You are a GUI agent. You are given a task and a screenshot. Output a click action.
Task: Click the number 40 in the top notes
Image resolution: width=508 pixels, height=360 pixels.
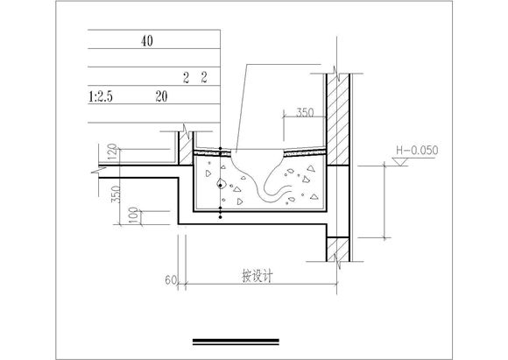coord(147,41)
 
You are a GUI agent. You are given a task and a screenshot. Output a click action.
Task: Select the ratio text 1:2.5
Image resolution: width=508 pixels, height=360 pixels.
coord(101,97)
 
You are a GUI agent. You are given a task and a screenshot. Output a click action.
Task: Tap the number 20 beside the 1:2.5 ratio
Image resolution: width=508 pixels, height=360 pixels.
coord(161,96)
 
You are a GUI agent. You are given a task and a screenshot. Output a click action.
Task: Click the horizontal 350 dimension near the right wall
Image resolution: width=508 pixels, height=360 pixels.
coord(305,112)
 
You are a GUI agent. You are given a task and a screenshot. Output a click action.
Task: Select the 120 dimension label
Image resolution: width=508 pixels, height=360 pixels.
coord(112,152)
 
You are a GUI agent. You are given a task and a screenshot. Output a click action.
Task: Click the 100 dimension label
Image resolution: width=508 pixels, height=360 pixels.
coord(133,215)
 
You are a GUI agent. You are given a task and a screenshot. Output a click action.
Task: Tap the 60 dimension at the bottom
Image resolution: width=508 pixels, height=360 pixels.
coord(171,280)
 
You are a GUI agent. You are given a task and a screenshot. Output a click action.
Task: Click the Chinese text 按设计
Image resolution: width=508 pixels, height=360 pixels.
coord(258,277)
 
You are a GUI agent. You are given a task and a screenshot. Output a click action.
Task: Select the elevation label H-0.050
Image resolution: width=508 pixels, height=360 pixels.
coord(417,151)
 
